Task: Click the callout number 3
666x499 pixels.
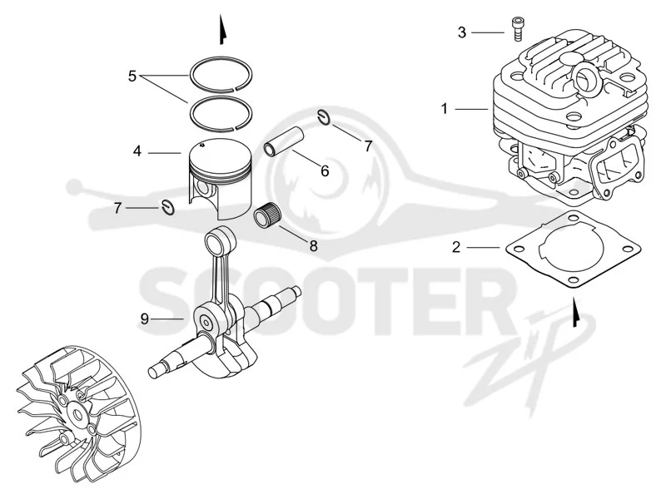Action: pyautogui.click(x=462, y=32)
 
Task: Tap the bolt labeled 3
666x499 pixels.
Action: pyautogui.click(x=517, y=29)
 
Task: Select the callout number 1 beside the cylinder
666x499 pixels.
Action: pyautogui.click(x=445, y=109)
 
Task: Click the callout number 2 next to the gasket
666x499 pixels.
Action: pyautogui.click(x=456, y=247)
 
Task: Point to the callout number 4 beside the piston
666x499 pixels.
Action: pyautogui.click(x=137, y=151)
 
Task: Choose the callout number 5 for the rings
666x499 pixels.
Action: pyautogui.click(x=132, y=77)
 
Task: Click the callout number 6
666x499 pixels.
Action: pyautogui.click(x=325, y=171)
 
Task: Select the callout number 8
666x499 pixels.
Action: pyautogui.click(x=314, y=246)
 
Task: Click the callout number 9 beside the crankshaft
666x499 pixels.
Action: pyautogui.click(x=145, y=319)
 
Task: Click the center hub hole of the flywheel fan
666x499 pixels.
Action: pyautogui.click(x=77, y=414)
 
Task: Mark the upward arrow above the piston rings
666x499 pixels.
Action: pyautogui.click(x=221, y=30)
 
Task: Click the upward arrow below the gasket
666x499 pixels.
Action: pyautogui.click(x=575, y=313)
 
